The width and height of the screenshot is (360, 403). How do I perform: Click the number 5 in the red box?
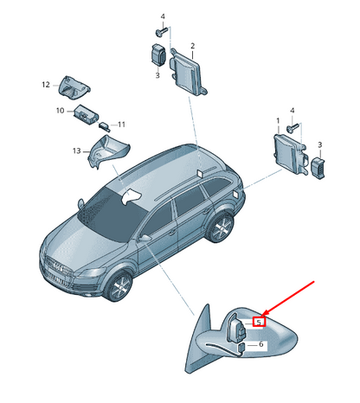point(259,322)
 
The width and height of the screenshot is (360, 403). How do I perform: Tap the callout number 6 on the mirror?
point(260,344)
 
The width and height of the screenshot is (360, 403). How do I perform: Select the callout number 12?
point(46,85)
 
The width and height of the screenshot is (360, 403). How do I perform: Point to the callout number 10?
point(60,111)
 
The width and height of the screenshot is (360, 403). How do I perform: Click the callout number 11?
point(121,125)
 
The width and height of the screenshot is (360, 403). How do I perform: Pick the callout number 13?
point(76,150)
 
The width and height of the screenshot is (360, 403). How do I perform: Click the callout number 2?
point(192,46)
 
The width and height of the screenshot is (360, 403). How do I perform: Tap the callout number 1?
point(278,120)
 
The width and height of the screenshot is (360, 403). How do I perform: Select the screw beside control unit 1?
point(292,128)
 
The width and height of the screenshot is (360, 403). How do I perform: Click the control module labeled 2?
point(188,72)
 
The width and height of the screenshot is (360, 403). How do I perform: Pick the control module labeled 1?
point(290,153)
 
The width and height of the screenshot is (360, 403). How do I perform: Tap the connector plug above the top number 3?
point(158,54)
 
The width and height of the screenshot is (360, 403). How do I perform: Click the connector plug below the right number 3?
point(318,168)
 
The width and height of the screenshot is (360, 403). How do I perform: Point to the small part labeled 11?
point(105,126)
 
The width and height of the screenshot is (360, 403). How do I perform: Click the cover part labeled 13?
point(107,152)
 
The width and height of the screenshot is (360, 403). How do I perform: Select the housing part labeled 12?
point(74,87)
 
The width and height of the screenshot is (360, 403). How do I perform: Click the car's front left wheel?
point(119,285)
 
